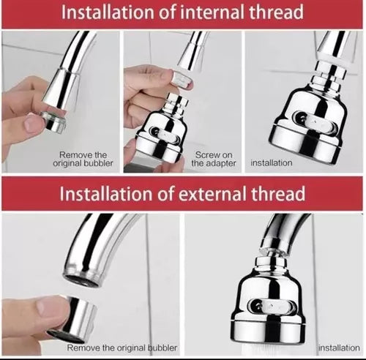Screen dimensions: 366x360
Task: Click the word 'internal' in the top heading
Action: point(212,12)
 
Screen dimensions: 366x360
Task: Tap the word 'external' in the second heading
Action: point(212,194)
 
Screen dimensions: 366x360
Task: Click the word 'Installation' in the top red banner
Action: point(108,12)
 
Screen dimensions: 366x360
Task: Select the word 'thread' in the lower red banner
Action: point(278,194)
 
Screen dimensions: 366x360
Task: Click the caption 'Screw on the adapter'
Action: point(214,159)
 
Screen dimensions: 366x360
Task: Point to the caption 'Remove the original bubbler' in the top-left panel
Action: point(83,159)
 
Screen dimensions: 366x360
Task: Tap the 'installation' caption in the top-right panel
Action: point(272,163)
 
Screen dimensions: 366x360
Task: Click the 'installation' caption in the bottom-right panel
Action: point(339,348)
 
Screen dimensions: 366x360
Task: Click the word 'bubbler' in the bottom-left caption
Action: point(163,348)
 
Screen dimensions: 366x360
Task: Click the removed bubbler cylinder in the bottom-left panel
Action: point(73,316)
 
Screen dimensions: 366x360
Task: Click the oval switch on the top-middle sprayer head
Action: point(166,135)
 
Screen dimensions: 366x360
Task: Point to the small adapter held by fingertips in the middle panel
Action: point(182,78)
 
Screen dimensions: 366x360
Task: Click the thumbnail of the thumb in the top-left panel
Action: point(31,121)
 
